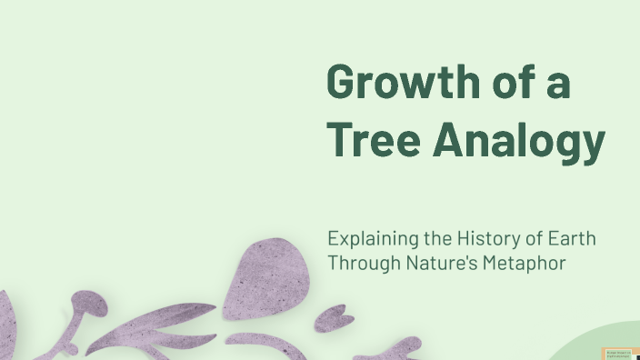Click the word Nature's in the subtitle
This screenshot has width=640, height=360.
click(435, 264)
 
